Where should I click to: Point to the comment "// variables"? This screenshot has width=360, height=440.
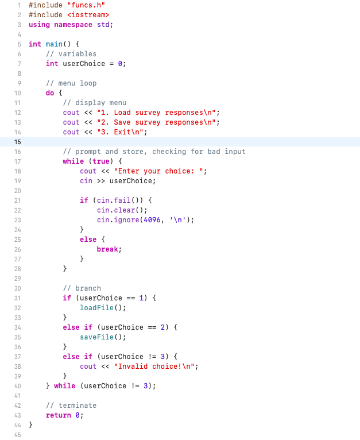(71, 54)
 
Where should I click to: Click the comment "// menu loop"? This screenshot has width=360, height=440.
(71, 83)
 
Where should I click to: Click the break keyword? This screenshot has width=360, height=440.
(109, 249)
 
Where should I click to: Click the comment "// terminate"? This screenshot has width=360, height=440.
(71, 406)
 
